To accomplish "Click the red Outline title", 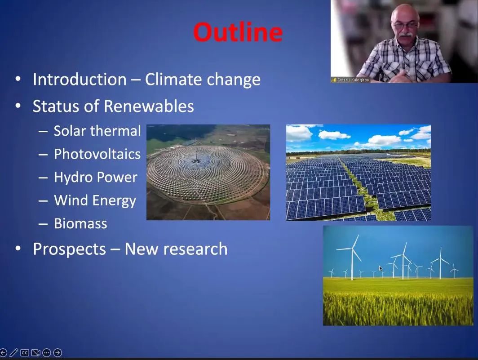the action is tap(238, 32).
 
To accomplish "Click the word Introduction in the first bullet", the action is tap(80, 79).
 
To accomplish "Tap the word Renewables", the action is tap(149, 106).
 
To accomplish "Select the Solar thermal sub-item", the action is tap(97, 131).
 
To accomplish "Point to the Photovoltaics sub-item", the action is tap(97, 154).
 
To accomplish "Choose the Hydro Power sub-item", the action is tap(95, 177).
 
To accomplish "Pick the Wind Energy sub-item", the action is tap(95, 201).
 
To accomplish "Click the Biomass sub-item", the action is tap(80, 224).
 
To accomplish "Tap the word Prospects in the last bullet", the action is tap(69, 249).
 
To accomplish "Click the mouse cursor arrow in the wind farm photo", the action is tap(381, 268).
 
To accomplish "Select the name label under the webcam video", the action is tap(350, 80).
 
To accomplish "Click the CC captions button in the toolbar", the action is tap(25, 353).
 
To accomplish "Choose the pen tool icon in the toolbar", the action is tap(14, 353).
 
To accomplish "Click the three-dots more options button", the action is tap(47, 353).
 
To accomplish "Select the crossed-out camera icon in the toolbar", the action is tap(35, 353).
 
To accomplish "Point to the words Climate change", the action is tap(203, 79).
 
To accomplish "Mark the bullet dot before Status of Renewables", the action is tap(18, 106).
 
